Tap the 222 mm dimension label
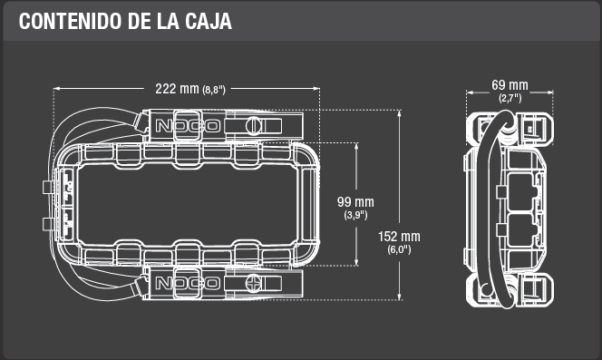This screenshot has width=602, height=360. pyautogui.click(x=177, y=89)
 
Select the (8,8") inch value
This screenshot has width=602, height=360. pyautogui.click(x=214, y=90)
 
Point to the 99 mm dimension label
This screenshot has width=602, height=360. pyautogui.click(x=355, y=202)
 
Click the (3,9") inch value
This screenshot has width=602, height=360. pyautogui.click(x=355, y=215)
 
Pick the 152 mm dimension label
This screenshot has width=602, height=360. pyautogui.click(x=399, y=237)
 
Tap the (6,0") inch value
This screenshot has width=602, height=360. pyautogui.click(x=399, y=249)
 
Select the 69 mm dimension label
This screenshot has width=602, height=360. pyautogui.click(x=510, y=85)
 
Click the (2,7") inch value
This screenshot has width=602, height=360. pyautogui.click(x=510, y=98)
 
